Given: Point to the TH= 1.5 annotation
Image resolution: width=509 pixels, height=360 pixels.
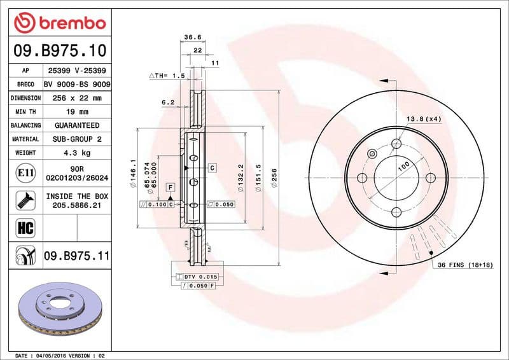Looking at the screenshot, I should click(x=167, y=76).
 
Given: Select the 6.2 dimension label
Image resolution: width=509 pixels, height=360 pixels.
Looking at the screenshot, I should click(x=167, y=102).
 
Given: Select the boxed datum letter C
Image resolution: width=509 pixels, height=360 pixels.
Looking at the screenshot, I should click(x=212, y=167).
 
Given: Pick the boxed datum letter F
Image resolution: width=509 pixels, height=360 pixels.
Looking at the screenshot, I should click(x=171, y=187).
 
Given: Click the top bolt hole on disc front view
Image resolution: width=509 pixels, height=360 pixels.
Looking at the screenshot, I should click(x=396, y=143).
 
